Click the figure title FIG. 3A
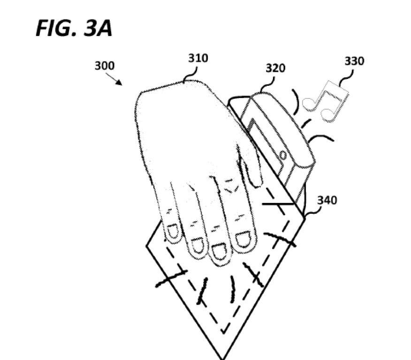[74, 28]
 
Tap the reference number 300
[104, 66]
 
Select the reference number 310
[198, 58]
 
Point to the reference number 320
[275, 68]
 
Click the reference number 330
[354, 61]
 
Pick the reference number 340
[327, 200]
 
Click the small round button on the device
[283, 156]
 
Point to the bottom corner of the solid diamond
[222, 358]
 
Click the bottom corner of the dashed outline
[223, 333]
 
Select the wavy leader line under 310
[190, 74]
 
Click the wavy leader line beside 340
[313, 212]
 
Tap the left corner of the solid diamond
[146, 246]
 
